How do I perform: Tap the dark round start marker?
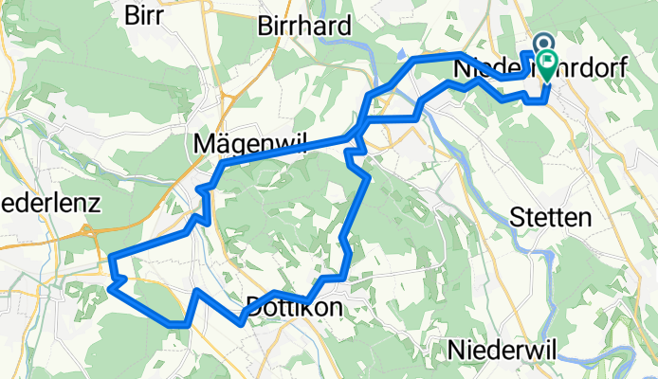[543, 43]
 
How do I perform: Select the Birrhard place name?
[304, 25]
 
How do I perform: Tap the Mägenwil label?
[238, 143]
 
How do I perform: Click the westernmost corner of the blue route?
[112, 258]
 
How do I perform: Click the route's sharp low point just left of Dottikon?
[243, 320]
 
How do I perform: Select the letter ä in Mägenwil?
[217, 143]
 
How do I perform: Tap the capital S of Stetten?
[517, 217]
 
